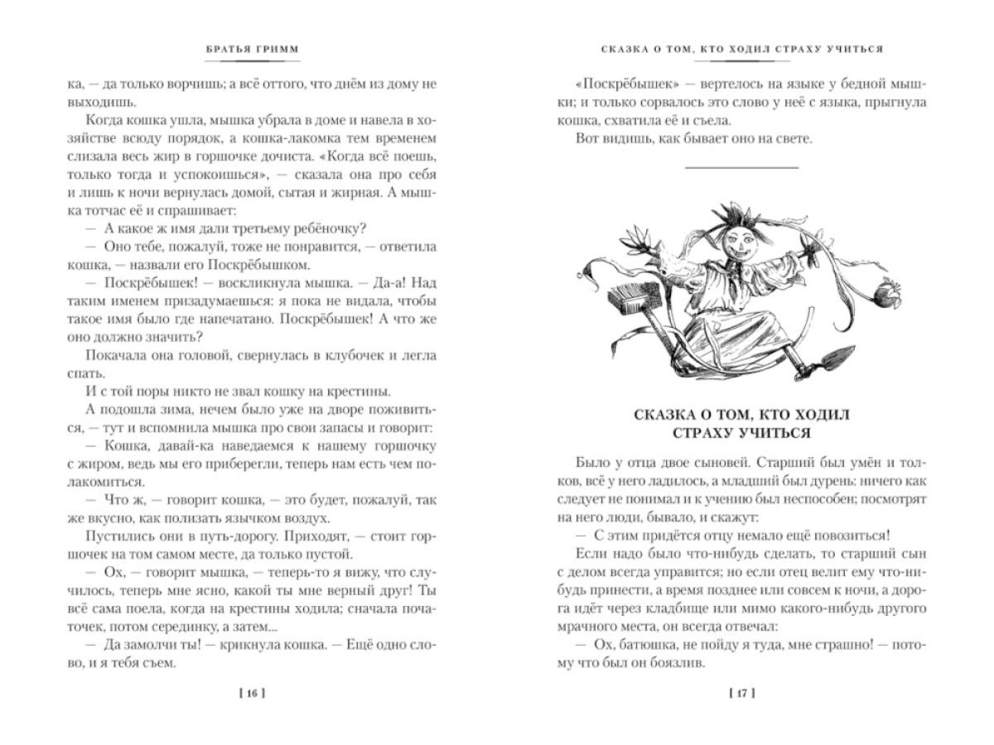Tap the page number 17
tap(741, 693)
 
